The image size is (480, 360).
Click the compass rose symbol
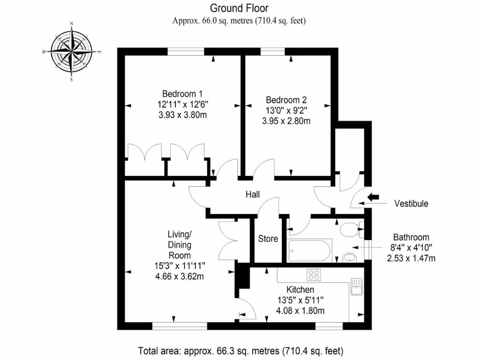[x=72, y=52]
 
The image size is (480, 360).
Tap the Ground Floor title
[x=240, y=8]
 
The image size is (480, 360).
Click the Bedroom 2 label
[x=286, y=100]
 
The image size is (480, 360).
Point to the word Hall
[x=253, y=195]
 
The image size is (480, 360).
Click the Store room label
[x=268, y=239]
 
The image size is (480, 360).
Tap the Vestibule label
[x=411, y=204]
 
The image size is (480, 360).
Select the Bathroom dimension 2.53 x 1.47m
[x=411, y=257]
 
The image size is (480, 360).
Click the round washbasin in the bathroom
[x=350, y=257]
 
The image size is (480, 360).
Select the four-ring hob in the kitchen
[x=313, y=274]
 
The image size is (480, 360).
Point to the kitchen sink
[x=356, y=286]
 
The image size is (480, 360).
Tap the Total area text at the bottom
[x=240, y=351]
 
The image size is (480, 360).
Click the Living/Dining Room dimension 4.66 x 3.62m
[x=180, y=276]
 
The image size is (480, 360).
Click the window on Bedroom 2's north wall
[x=273, y=52]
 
